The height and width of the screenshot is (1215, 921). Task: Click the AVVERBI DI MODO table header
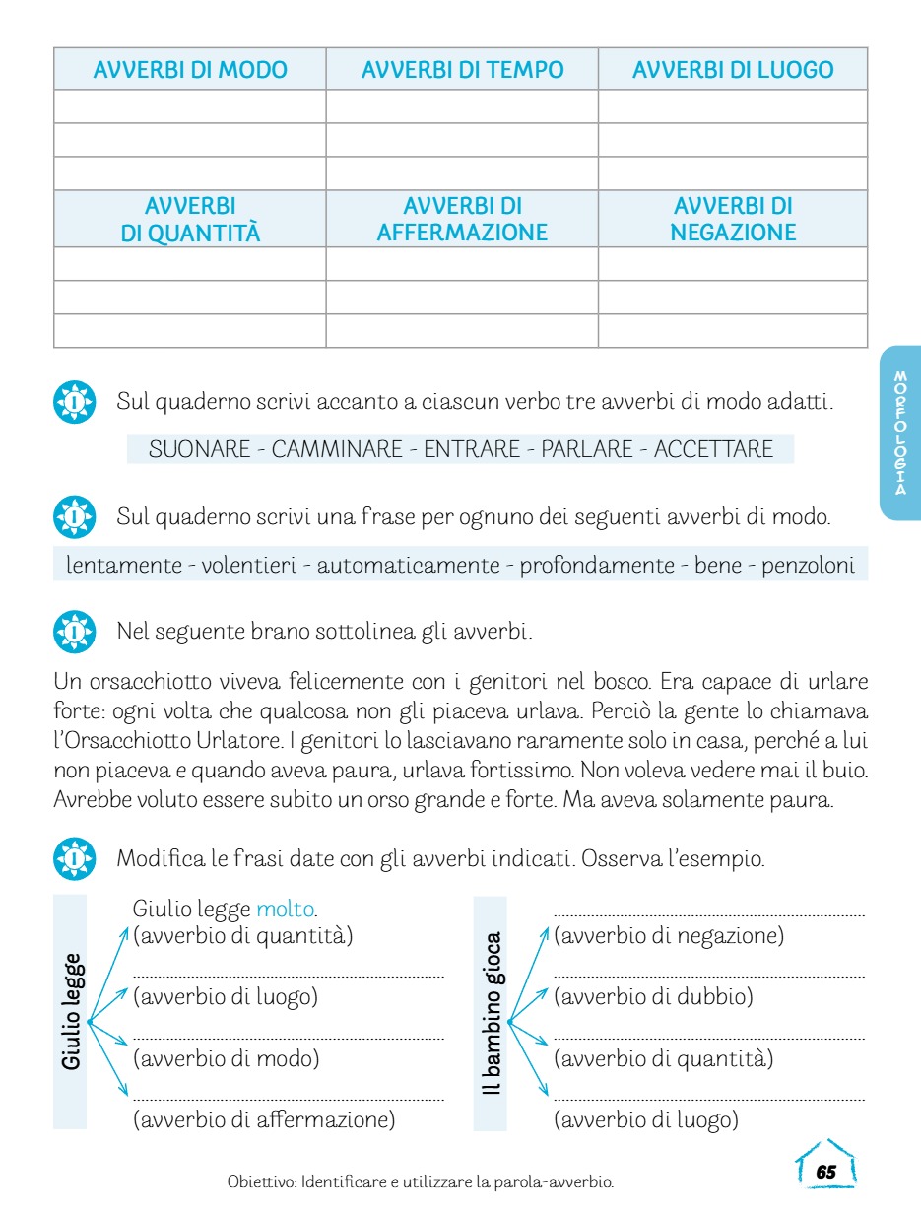[190, 70]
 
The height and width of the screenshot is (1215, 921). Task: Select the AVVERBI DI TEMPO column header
[462, 70]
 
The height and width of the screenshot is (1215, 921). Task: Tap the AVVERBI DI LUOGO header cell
[733, 70]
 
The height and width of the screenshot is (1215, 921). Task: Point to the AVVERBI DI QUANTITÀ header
[190, 220]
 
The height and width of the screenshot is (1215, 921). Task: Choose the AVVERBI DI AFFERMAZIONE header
[462, 220]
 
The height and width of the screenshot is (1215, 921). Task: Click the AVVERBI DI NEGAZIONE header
[733, 220]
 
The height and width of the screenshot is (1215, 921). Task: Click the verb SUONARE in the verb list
[199, 449]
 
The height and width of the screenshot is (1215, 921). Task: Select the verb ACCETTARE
[713, 449]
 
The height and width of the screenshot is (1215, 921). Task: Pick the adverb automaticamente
[408, 565]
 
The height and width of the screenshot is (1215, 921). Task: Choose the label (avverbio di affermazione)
[264, 1119]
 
